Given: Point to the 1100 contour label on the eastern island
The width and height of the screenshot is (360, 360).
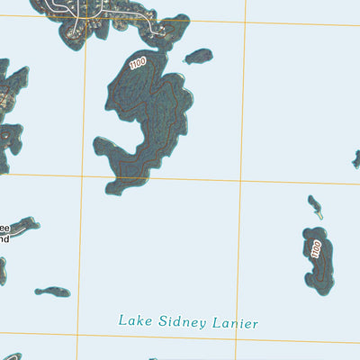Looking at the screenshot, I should pos(315,249).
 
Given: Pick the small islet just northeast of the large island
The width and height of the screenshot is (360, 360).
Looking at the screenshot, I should pos(198,57).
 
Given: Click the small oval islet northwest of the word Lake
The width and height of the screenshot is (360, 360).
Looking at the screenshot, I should pos(52,292).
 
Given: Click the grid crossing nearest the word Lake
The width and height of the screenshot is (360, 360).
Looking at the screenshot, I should pos(78,335).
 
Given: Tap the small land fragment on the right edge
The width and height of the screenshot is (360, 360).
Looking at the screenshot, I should pos(356,159).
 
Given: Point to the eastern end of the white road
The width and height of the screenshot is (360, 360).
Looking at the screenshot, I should pos(166,33).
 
